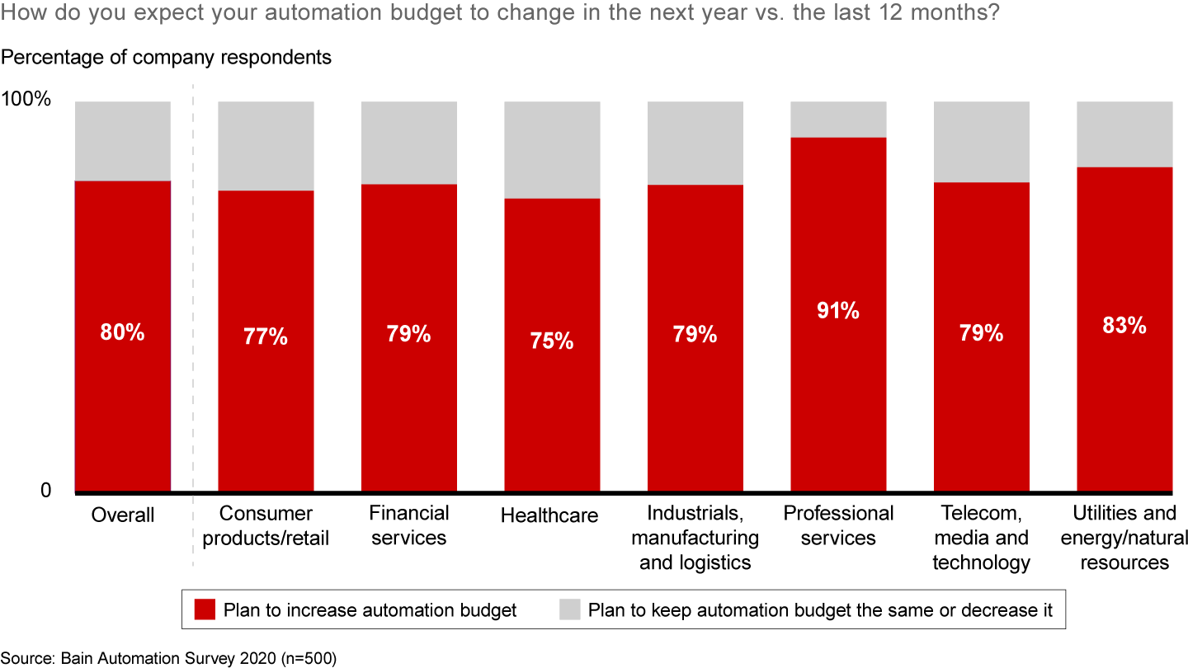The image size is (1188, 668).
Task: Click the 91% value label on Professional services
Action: point(838,311)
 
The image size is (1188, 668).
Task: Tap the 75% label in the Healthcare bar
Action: point(552,341)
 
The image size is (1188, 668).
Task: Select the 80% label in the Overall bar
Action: point(123,332)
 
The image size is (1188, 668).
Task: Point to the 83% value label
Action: point(1124,325)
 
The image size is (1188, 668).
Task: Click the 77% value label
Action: point(266,336)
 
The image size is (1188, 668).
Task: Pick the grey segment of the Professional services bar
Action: point(838,120)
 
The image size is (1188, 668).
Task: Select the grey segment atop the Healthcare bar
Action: point(552,149)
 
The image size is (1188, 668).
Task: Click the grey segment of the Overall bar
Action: point(123,141)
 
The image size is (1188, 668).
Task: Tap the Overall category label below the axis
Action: point(123,515)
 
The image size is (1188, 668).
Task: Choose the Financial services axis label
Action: point(409,526)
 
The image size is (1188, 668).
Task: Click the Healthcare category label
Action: point(549,515)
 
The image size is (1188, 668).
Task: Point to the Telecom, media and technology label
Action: point(981,538)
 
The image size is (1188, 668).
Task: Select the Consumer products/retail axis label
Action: point(266,526)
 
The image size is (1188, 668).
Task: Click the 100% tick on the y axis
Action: point(38,101)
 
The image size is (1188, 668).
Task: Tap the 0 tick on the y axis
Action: point(45,491)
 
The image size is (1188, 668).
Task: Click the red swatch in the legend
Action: point(205,610)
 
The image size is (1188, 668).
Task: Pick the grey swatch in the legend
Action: point(569,610)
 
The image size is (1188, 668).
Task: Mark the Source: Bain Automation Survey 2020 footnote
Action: point(168,658)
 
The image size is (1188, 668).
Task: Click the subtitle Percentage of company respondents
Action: point(166,57)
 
